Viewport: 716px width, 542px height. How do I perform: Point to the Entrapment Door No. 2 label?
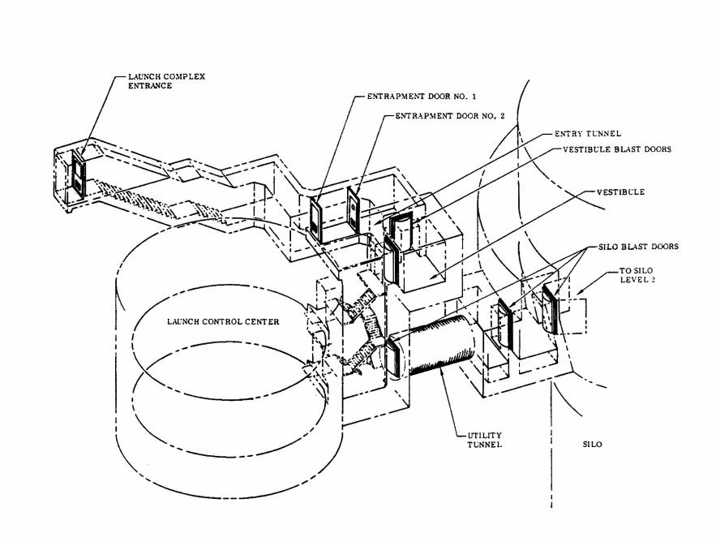[x=461, y=116]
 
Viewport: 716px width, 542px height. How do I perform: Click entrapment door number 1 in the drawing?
[x=316, y=219]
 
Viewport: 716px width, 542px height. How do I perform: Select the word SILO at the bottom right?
[x=594, y=445]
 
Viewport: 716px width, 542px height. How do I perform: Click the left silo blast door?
[x=504, y=326]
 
